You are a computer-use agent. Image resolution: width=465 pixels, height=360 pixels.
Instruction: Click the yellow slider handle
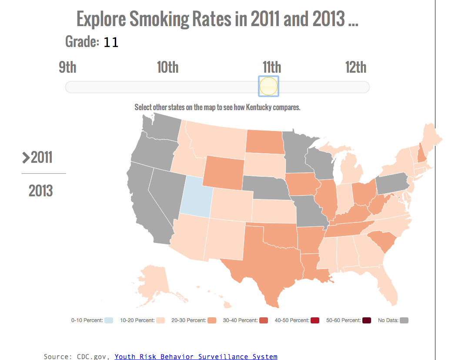pos(268,86)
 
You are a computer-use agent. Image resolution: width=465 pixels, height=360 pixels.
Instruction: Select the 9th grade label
pos(68,67)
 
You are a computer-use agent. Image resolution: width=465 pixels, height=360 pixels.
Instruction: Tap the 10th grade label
pos(167,67)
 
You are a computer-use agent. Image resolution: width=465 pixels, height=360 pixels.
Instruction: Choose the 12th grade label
pos(356,67)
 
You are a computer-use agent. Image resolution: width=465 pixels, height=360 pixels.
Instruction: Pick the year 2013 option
pos(40,191)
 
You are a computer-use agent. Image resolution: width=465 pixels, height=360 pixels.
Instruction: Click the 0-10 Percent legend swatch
pos(109,320)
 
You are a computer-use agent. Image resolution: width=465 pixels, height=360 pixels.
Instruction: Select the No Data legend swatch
pos(404,320)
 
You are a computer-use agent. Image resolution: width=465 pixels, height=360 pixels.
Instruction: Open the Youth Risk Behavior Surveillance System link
pos(196,357)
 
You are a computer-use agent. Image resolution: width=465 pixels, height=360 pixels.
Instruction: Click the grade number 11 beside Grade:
pos(111,42)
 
